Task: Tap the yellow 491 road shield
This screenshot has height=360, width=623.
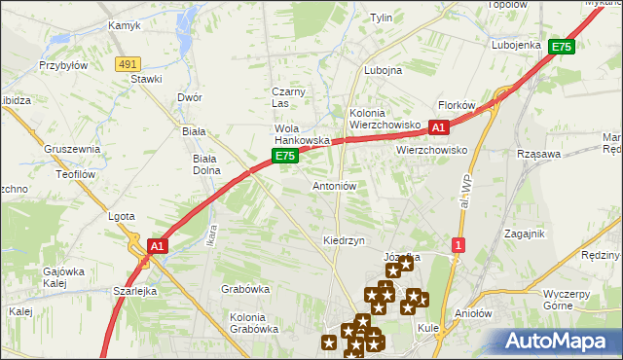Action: (x=127, y=63)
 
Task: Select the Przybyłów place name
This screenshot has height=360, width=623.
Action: (x=63, y=65)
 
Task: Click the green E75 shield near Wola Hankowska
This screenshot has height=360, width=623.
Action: (x=284, y=155)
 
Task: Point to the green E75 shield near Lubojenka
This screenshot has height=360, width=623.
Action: (x=561, y=46)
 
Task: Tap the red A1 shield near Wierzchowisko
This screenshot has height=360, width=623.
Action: (x=438, y=127)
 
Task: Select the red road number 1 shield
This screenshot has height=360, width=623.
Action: (x=458, y=244)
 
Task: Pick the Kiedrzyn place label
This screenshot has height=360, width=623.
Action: (x=344, y=239)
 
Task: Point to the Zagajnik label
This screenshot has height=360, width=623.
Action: (x=525, y=234)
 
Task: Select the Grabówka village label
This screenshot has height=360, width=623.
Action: (x=245, y=289)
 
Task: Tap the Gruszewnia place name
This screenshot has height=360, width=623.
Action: (x=72, y=149)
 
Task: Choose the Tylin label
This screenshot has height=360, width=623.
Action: (x=381, y=18)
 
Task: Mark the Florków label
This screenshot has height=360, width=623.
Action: (x=457, y=104)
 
